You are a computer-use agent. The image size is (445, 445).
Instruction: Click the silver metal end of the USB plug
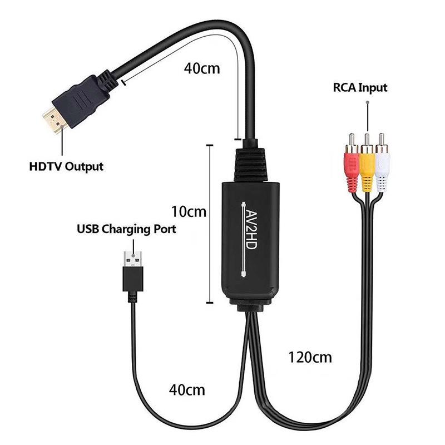pyautogui.click(x=133, y=259)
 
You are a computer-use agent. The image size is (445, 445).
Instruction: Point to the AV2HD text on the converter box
pyautogui.click(x=251, y=230)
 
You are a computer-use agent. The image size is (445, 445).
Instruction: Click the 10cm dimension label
pyautogui.click(x=189, y=212)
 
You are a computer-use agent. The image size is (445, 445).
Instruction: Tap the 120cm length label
pyautogui.click(x=310, y=357)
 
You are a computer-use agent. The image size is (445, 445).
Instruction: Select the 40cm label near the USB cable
pyautogui.click(x=187, y=390)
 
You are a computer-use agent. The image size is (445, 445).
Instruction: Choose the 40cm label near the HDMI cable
pyautogui.click(x=202, y=68)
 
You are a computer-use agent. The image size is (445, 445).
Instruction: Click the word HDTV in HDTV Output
pyautogui.click(x=46, y=166)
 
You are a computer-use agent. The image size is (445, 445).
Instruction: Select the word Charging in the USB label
pyautogui.click(x=127, y=229)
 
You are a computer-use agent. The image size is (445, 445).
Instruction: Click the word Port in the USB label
pyautogui.click(x=165, y=229)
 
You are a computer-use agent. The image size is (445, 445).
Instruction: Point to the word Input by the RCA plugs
pyautogui.click(x=373, y=88)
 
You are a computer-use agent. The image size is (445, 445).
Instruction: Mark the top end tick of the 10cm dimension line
pyautogui.click(x=210, y=145)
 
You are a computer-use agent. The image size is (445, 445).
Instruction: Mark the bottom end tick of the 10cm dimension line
pyautogui.click(x=210, y=303)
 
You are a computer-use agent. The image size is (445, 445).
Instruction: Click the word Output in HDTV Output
pyautogui.click(x=84, y=167)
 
